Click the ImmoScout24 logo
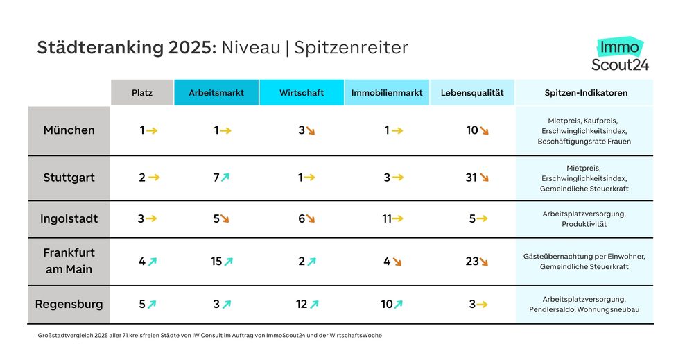tap(620, 55)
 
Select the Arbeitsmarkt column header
tap(216, 93)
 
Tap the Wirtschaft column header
tap(302, 93)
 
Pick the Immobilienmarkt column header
tap(387, 93)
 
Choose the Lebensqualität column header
tap(471, 93)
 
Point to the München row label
tap(69, 130)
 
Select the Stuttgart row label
tap(69, 178)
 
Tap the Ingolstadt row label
tap(69, 219)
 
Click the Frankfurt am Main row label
tap(69, 261)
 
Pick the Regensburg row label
tap(69, 304)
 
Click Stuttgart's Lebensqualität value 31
tap(471, 178)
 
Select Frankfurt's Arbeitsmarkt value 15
tap(216, 262)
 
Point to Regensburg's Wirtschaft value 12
tap(302, 304)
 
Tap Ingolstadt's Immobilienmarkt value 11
tap(387, 219)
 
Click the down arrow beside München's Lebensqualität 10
tap(485, 130)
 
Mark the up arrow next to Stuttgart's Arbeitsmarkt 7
tap(225, 178)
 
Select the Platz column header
tap(142, 93)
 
